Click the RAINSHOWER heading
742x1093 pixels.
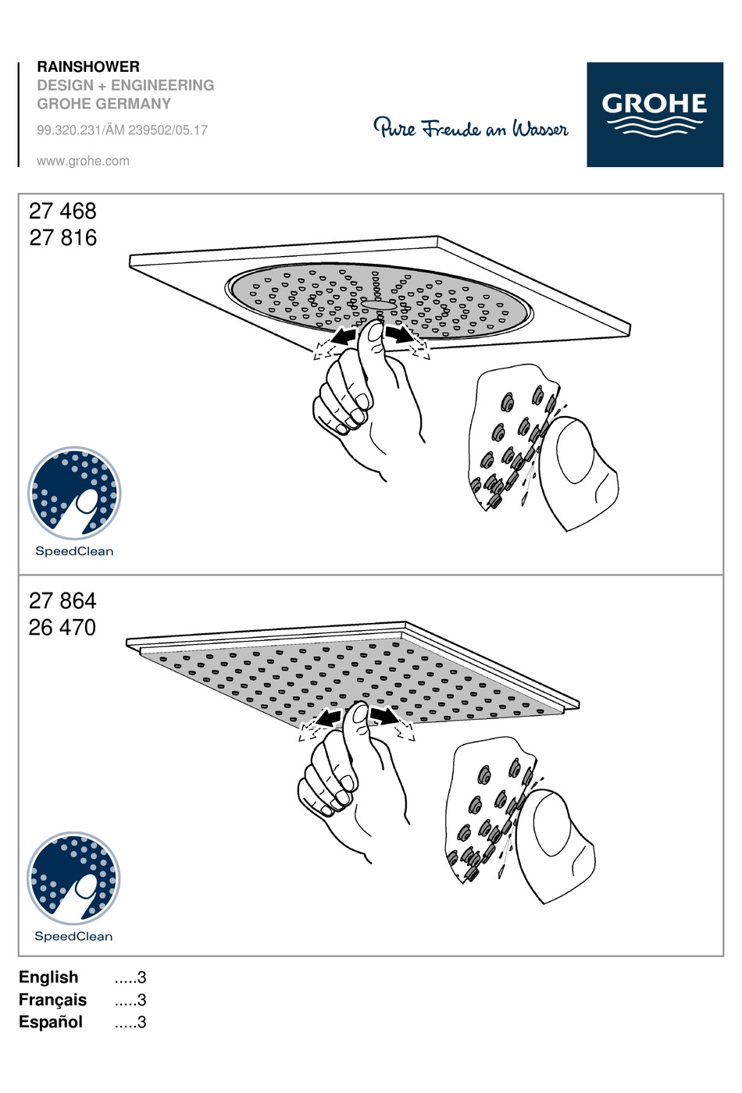pyautogui.click(x=88, y=66)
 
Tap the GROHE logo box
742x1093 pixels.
pyautogui.click(x=655, y=114)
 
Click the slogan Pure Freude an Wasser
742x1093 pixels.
pyautogui.click(x=470, y=128)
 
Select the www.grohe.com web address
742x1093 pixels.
pyautogui.click(x=83, y=161)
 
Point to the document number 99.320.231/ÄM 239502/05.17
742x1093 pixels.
pyautogui.click(x=123, y=130)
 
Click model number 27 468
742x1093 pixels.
pyautogui.click(x=62, y=211)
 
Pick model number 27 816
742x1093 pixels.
pyautogui.click(x=63, y=237)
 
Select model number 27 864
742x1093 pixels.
pyautogui.click(x=62, y=600)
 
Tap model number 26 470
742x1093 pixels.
pyautogui.click(x=62, y=628)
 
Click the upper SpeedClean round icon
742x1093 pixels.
pyautogui.click(x=74, y=493)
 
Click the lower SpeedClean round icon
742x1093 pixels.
pyautogui.click(x=73, y=878)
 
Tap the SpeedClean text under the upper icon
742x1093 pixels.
pyautogui.click(x=74, y=551)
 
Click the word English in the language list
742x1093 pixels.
pyautogui.click(x=48, y=977)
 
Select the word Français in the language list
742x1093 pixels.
pyautogui.click(x=53, y=999)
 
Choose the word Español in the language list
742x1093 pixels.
pyautogui.click(x=51, y=1021)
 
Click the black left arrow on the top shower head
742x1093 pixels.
pyautogui.click(x=344, y=336)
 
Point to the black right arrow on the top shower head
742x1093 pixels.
pyautogui.click(x=398, y=334)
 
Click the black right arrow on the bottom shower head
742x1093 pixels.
pyautogui.click(x=383, y=716)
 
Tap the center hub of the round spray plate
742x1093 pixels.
pyautogui.click(x=379, y=305)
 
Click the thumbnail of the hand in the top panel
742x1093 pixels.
pyautogui.click(x=376, y=334)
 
